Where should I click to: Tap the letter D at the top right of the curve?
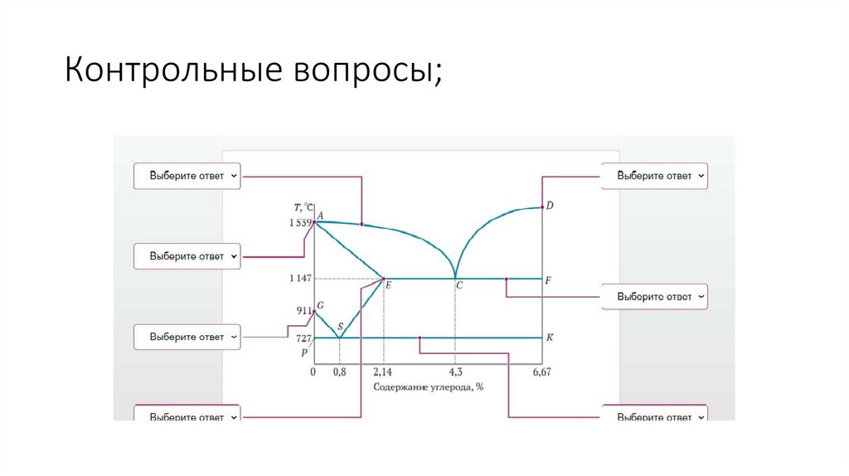point(550,205)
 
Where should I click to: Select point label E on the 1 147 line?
point(387,285)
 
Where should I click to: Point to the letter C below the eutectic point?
point(458,285)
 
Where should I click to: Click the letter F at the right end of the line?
point(548,279)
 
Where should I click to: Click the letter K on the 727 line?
point(550,338)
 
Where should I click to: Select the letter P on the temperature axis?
point(304,352)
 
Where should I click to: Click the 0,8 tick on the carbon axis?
point(339,372)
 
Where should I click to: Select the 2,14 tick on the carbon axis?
point(382,372)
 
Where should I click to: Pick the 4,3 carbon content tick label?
point(455,372)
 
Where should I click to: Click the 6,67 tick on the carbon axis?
point(541,372)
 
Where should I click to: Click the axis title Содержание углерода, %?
point(428,386)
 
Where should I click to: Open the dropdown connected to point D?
point(654,176)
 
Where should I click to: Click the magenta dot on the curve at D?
point(541,206)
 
